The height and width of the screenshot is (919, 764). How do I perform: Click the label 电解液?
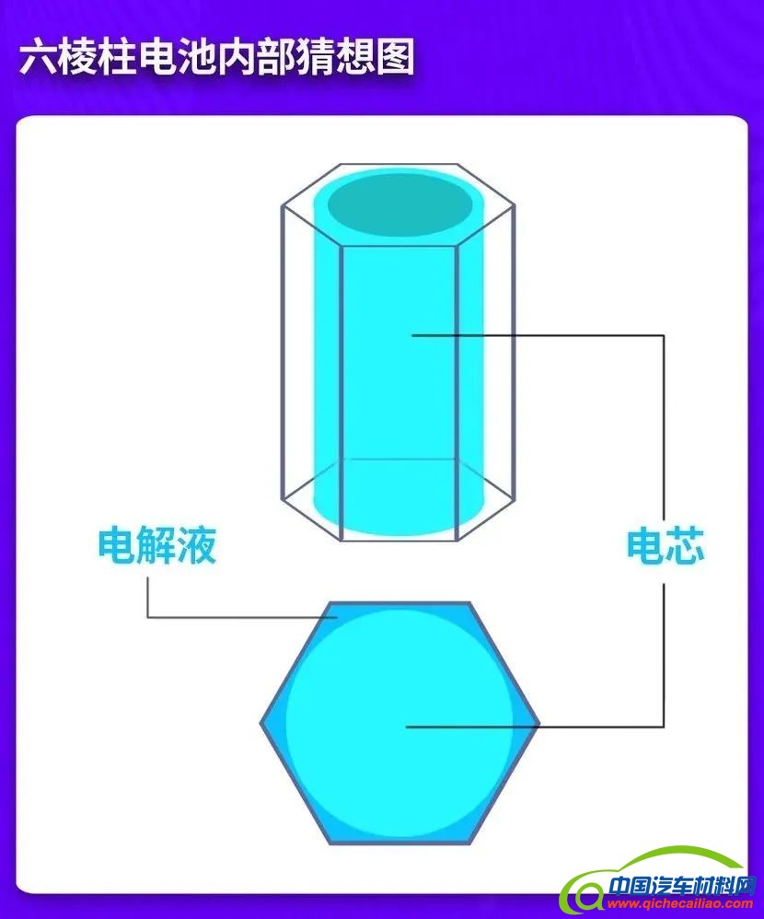pyautogui.click(x=157, y=546)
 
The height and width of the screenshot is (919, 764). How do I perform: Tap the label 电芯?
pyautogui.click(x=665, y=546)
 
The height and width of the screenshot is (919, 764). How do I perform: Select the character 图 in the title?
pyautogui.click(x=394, y=57)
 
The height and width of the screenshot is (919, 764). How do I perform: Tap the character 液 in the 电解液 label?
pyautogui.click(x=197, y=546)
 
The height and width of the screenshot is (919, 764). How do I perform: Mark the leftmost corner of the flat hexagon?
pyautogui.click(x=262, y=724)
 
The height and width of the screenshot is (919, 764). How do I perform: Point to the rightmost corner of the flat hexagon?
pyautogui.click(x=538, y=724)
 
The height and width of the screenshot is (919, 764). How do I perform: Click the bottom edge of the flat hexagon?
pyautogui.click(x=400, y=842)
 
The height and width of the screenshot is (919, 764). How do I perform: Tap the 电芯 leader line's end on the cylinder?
pyautogui.click(x=413, y=335)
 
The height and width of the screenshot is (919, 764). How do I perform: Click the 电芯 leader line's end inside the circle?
pyautogui.click(x=407, y=727)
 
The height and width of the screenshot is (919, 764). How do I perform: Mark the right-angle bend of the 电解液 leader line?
pyautogui.click(x=148, y=617)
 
